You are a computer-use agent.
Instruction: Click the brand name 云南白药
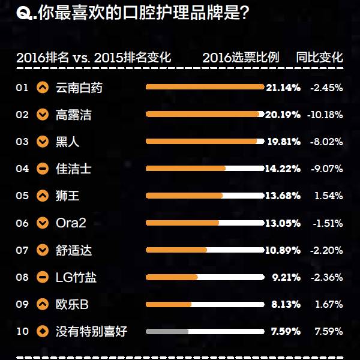pos(79,88)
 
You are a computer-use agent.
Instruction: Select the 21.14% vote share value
pos(283,88)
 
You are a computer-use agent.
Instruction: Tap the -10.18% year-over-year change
pos(325,115)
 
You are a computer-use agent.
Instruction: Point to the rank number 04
pos(22,169)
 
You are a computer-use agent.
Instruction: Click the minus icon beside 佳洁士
pos(43,169)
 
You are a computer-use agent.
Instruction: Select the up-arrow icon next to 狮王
pos(43,196)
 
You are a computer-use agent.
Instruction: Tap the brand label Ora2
pos(71,223)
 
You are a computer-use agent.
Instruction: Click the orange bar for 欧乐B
pos(169,304)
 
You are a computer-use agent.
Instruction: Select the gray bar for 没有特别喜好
pos(167,331)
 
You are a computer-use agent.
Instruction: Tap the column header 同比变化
pos(320,58)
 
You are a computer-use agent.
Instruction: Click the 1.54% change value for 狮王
pos(328,196)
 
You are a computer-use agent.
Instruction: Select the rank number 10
pos(22,331)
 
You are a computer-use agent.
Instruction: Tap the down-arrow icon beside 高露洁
pos(43,115)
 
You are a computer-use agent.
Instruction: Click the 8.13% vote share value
pos(286,304)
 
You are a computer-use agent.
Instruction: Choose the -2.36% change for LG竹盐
pos(326,277)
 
